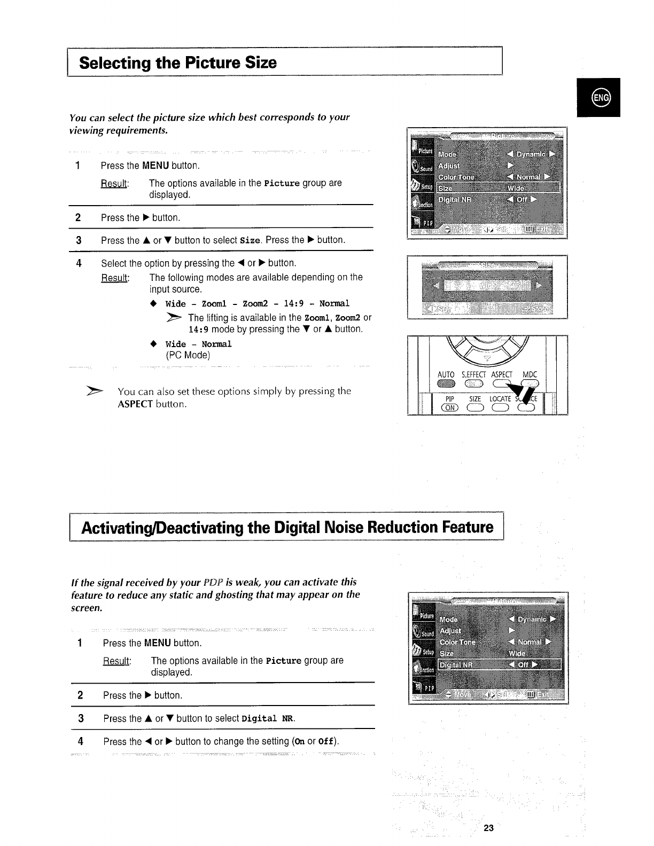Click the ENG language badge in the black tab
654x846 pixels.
click(599, 98)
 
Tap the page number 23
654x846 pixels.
click(488, 828)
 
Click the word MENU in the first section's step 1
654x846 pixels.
click(155, 166)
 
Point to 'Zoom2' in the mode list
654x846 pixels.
click(255, 304)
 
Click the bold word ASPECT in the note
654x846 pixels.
click(135, 404)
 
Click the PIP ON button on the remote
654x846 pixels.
click(449, 408)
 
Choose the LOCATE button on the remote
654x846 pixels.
click(500, 408)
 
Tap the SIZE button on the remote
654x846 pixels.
click(474, 408)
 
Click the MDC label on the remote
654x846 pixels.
click(529, 375)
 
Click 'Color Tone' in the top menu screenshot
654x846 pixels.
click(456, 177)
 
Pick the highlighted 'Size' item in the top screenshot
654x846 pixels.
click(445, 189)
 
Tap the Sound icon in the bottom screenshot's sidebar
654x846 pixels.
click(422, 631)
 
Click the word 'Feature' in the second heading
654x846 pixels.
click(468, 528)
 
